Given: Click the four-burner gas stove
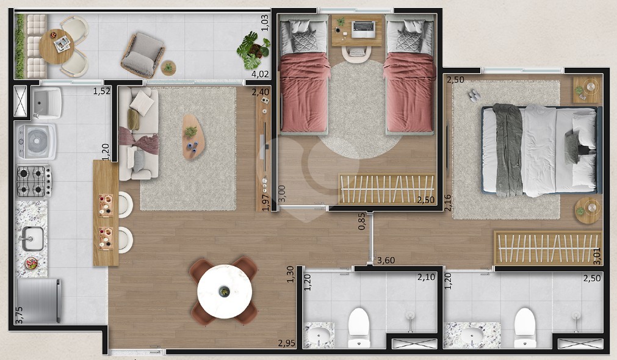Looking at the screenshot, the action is (x=34, y=181).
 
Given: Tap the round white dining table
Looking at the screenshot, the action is (x=225, y=292).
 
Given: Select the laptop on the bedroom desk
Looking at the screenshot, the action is (x=363, y=29).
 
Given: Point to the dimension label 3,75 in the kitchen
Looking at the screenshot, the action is (x=19, y=315).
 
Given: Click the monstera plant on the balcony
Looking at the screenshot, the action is (x=253, y=51).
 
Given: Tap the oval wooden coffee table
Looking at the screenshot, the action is (x=193, y=137).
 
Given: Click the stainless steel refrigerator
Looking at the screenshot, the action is (x=38, y=301).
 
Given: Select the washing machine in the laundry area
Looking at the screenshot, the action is (x=36, y=142).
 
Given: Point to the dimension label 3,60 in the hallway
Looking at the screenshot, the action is (x=386, y=260).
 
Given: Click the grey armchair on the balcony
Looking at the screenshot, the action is (x=143, y=55).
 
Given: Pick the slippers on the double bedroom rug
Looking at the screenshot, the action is (x=474, y=95).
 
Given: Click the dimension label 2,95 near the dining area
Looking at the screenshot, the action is (x=287, y=343).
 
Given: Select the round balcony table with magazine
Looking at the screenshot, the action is (x=57, y=46).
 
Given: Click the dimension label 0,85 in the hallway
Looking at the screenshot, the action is (x=362, y=221).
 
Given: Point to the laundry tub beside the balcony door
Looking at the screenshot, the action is (x=46, y=103).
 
